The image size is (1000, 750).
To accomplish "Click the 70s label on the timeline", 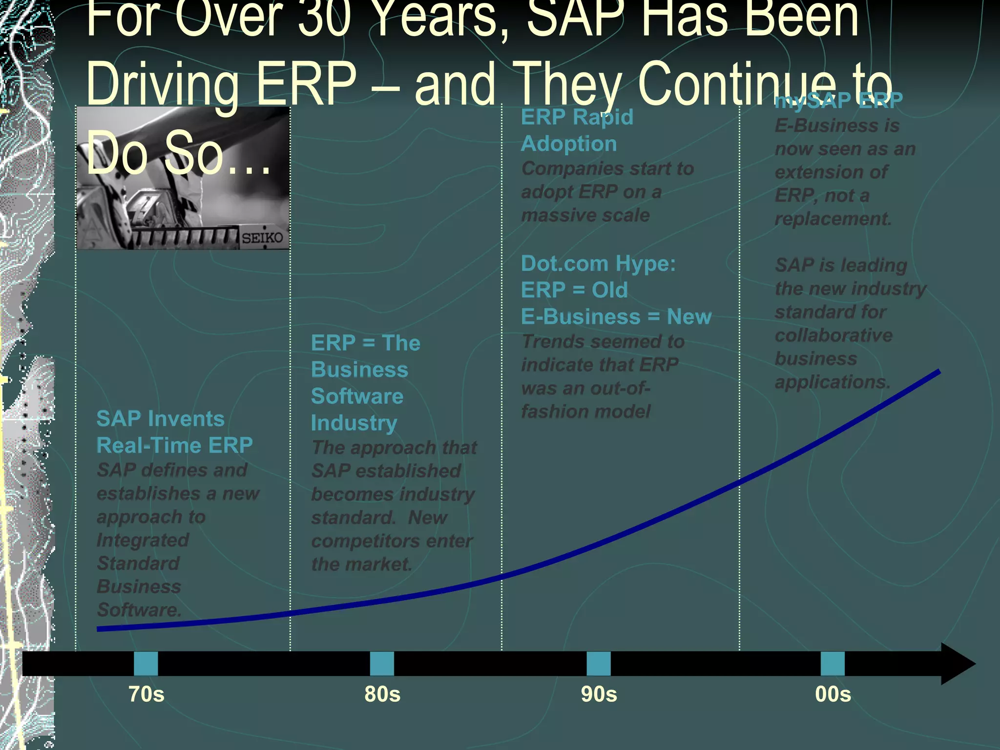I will (146, 694).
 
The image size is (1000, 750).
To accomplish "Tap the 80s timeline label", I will (382, 694).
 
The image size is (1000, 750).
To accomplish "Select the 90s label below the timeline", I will (599, 694).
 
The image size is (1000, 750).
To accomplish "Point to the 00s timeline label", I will (833, 694).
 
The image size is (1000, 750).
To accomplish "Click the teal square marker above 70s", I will (146, 664).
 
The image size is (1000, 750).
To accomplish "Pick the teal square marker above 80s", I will (382, 664).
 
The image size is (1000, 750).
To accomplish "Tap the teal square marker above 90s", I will (599, 664).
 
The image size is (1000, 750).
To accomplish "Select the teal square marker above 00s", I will (833, 664).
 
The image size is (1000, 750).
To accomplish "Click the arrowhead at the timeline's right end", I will (957, 664).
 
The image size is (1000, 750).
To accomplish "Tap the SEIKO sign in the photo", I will (262, 238).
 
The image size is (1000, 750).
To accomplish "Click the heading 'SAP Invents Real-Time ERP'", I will (174, 432).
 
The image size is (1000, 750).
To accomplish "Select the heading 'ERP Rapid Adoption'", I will (577, 130).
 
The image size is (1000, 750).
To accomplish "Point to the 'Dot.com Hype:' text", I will (598, 264).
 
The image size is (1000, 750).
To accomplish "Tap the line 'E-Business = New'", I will (616, 317).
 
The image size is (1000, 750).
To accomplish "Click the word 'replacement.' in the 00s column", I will (833, 219).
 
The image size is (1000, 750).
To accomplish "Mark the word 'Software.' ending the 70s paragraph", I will (139, 610).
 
